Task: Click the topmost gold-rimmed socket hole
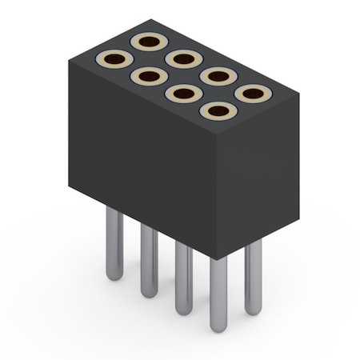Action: click(149, 42)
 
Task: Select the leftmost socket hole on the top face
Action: click(114, 59)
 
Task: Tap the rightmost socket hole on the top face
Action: click(253, 94)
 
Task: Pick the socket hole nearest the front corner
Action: click(218, 110)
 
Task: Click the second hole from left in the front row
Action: click(149, 77)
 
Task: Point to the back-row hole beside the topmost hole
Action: click(184, 58)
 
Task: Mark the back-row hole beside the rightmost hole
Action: click(218, 76)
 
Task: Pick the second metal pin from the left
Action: click(149, 260)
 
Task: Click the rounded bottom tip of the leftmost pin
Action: click(114, 275)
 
